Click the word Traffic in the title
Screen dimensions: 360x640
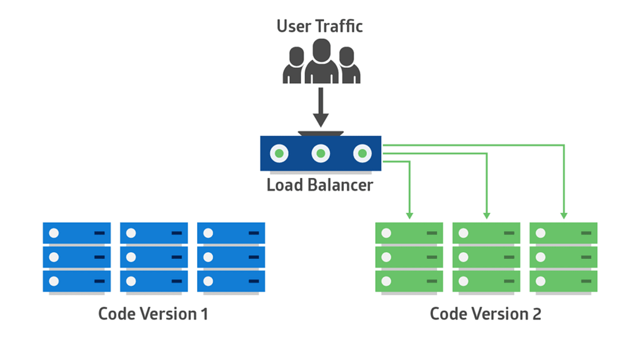(342, 26)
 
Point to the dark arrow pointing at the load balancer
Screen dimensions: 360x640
(321, 110)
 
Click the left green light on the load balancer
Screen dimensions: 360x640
(279, 154)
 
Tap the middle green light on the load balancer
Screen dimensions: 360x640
(321, 154)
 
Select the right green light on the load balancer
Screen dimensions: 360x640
(362, 154)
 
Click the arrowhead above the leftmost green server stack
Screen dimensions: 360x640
(409, 215)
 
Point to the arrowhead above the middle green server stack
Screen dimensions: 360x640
(486, 215)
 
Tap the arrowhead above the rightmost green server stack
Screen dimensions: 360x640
(563, 215)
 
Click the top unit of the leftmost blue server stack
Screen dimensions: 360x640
(77, 233)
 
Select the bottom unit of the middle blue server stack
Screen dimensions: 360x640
(154, 281)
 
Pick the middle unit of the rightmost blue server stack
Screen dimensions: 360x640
(231, 257)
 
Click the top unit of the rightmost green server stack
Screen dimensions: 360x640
(563, 233)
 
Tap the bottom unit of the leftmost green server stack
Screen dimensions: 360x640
(409, 281)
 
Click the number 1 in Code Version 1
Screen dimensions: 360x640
(203, 314)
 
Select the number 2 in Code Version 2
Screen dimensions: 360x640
(536, 314)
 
